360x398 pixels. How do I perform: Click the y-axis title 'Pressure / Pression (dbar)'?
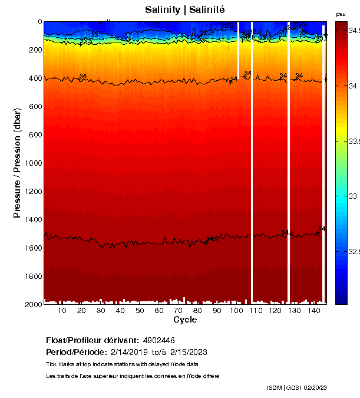(17, 163)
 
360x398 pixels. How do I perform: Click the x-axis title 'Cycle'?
(185, 320)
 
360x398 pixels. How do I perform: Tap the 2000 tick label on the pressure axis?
(33, 304)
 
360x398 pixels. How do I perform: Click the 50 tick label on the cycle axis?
(140, 311)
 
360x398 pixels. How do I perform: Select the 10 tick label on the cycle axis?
(62, 311)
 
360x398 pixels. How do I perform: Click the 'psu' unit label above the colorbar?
(341, 14)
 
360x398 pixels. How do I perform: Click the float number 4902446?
(158, 340)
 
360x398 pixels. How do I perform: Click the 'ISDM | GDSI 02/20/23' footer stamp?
(296, 387)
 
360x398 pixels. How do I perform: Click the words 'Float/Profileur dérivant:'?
(91, 340)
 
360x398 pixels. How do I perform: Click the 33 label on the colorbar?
(352, 196)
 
